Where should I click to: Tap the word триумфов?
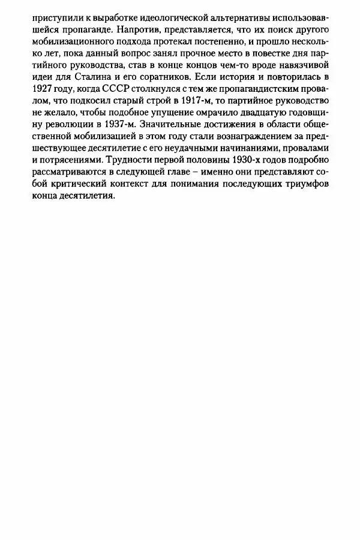point(310,191)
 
